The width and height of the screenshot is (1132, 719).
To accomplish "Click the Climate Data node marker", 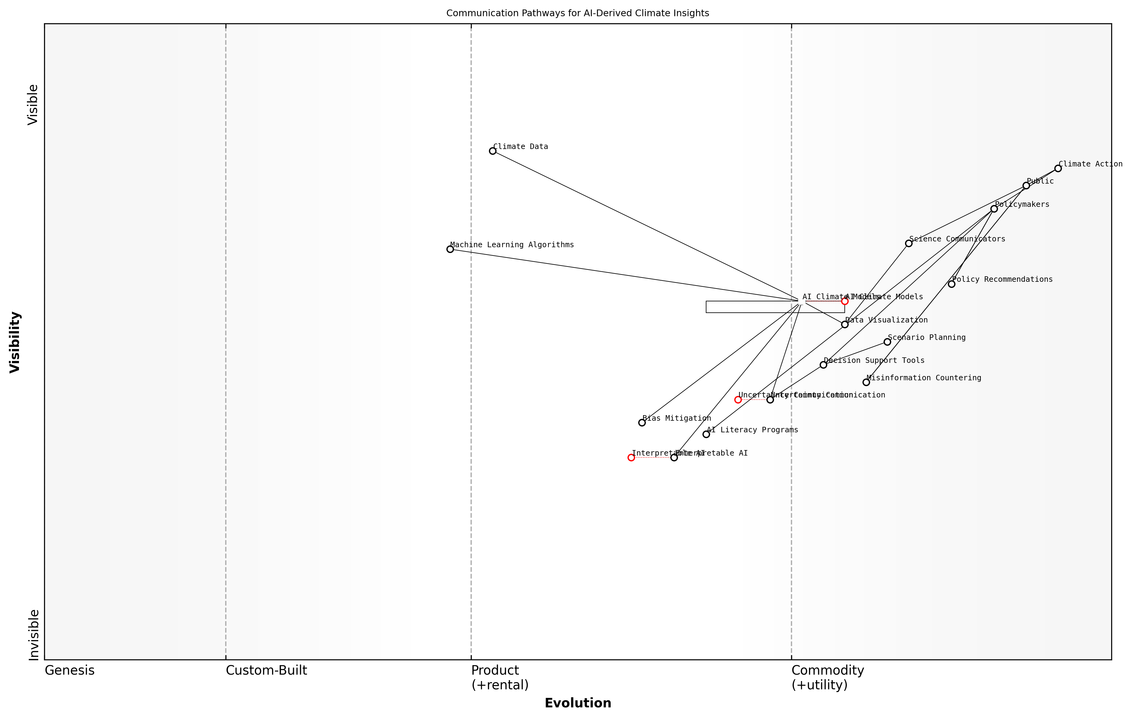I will [492, 151].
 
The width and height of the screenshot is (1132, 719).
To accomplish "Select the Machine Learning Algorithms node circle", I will [450, 249].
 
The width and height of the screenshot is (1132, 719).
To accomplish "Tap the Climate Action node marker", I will [1058, 168].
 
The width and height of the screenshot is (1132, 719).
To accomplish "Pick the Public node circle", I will [1026, 186].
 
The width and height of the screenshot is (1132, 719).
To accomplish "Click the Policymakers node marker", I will [994, 209].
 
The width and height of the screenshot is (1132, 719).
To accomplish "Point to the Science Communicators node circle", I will [909, 243].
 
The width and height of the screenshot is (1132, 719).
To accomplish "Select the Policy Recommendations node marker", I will [951, 284].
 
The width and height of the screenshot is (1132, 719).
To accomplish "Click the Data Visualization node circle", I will [845, 324].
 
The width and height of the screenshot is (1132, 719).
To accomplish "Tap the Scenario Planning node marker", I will [887, 342].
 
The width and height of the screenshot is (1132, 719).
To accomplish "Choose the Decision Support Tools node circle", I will [823, 365].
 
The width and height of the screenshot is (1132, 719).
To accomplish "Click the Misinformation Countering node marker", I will [866, 382].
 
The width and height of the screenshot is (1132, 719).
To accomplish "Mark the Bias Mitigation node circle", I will [642, 423].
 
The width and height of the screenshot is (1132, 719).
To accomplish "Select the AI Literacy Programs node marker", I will [706, 434].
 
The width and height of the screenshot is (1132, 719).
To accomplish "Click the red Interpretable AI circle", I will [631, 457].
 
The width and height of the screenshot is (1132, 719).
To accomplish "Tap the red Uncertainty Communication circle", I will [738, 400].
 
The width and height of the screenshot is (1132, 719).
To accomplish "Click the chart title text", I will [578, 13].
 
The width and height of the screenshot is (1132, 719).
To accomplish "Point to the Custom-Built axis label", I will [266, 671].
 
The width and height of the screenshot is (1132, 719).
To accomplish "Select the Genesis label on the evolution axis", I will [69, 671].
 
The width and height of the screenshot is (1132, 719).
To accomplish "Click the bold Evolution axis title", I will [578, 703].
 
